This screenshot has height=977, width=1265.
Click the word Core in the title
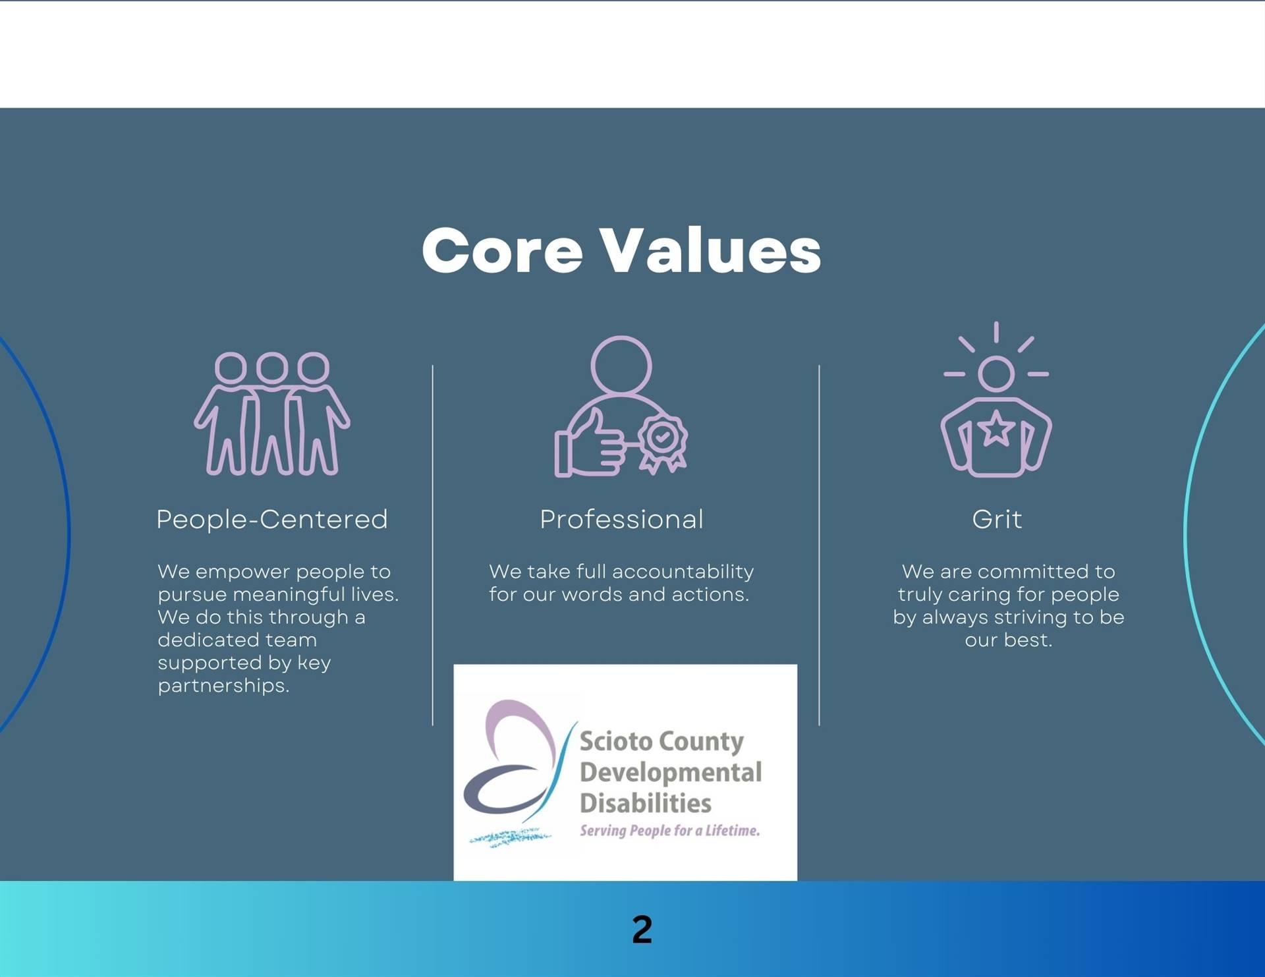point(502,251)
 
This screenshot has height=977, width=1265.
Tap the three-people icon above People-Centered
point(271,414)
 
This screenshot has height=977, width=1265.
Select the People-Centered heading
point(271,520)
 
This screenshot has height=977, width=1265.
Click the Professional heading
point(621,519)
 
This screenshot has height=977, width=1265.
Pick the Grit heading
point(996,519)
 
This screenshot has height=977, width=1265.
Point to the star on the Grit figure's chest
point(996,428)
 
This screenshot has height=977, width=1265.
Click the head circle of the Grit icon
point(996,374)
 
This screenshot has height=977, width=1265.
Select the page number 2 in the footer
point(642,930)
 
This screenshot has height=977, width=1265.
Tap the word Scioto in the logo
point(616,742)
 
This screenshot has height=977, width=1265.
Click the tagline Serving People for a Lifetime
point(669,830)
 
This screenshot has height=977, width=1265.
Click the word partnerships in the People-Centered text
point(223,686)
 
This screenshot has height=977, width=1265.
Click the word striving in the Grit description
point(1030,617)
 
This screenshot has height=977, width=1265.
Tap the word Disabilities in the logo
point(646,803)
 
